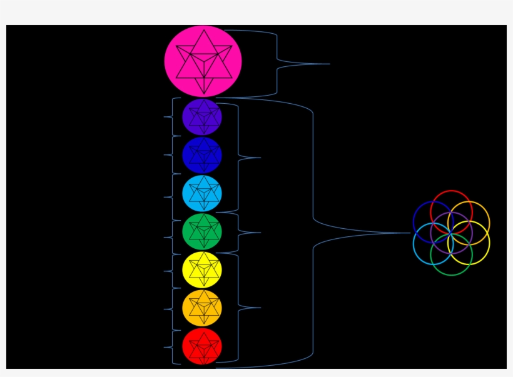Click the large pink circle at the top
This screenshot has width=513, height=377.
point(203,61)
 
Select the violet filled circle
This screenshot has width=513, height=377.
point(202,117)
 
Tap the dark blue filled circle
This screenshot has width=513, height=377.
point(202,155)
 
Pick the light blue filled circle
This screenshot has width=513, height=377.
point(202,193)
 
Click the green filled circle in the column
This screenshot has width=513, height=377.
point(202,231)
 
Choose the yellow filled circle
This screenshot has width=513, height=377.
point(202,269)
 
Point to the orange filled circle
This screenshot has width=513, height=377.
point(202,308)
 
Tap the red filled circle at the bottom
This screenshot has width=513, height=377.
point(202,346)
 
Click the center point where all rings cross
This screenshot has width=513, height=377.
point(451,233)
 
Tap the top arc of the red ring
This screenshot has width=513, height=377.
point(451,191)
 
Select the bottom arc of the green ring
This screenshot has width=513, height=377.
point(451,275)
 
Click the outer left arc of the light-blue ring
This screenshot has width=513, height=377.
point(414,244)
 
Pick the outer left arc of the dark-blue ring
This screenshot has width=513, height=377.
point(414,222)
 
